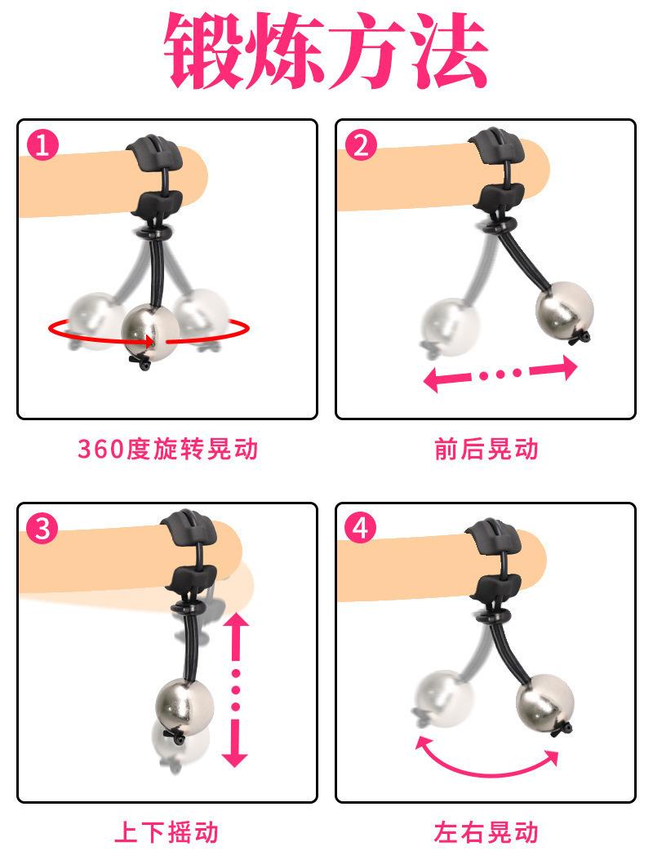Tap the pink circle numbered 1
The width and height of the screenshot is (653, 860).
point(42,146)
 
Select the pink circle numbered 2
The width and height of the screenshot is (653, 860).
point(361,146)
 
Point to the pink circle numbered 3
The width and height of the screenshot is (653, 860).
point(42,530)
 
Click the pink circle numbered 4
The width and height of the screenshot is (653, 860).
point(361,530)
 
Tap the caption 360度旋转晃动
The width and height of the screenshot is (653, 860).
point(168,449)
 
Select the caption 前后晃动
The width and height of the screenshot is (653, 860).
point(486,449)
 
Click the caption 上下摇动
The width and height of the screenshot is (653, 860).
point(167,832)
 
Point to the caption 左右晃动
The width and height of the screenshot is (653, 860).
point(486,832)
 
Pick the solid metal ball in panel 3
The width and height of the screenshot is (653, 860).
point(184,707)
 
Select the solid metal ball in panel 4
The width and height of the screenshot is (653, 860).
point(544,701)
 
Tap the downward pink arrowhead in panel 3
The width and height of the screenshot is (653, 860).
point(235,755)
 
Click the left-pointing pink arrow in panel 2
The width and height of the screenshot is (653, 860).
point(446,379)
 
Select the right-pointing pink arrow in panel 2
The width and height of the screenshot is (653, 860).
point(554,368)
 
